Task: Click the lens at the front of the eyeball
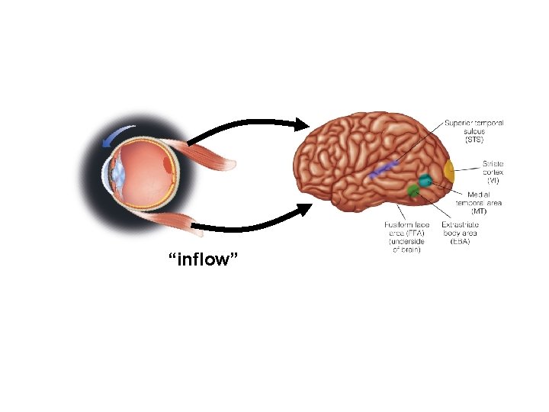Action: tap(118, 174)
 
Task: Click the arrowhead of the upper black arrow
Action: tap(302, 123)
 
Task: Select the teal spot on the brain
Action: tap(424, 181)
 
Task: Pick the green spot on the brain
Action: tap(413, 191)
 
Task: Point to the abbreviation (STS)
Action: tap(474, 140)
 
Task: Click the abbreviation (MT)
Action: tap(480, 211)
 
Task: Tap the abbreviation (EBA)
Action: tap(459, 242)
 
